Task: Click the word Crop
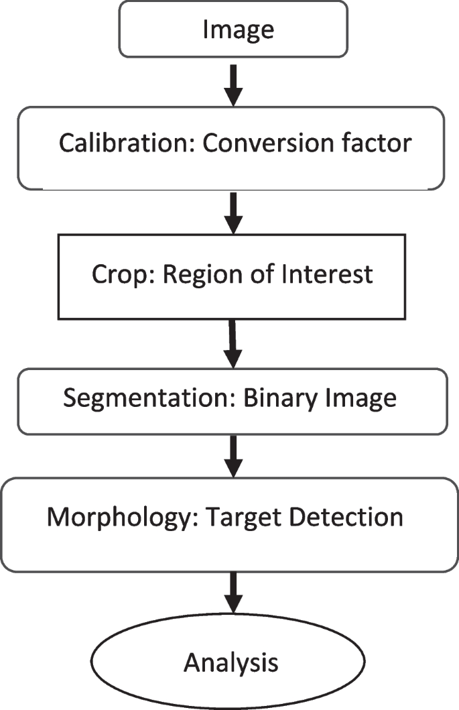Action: tap(118, 276)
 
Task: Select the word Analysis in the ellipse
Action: tap(231, 663)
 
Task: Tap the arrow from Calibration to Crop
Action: tap(232, 212)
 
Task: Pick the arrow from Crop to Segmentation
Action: tap(233, 343)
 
